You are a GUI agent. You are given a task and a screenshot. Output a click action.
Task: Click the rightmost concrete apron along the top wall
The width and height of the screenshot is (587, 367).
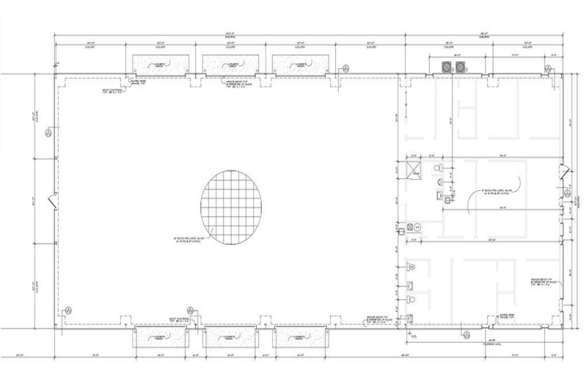coord(299,66)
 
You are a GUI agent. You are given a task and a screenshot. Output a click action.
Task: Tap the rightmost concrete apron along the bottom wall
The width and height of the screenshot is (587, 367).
coord(299,337)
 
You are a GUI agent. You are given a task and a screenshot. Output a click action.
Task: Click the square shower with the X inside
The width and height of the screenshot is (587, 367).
coord(414,170)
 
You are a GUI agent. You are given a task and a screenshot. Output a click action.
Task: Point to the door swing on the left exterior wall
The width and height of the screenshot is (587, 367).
coord(51,199)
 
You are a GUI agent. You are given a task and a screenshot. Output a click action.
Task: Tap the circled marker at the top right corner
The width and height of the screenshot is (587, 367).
coord(547,69)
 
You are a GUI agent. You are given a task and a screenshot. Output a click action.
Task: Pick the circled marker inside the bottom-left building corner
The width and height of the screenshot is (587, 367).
coord(68,310)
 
